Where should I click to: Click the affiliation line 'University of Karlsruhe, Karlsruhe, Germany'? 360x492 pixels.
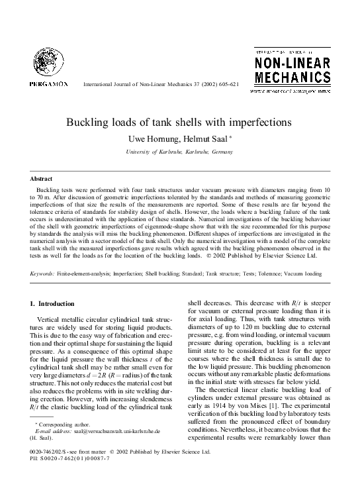179,152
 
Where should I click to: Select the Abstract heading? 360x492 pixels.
41,179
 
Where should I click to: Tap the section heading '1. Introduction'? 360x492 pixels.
53,304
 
